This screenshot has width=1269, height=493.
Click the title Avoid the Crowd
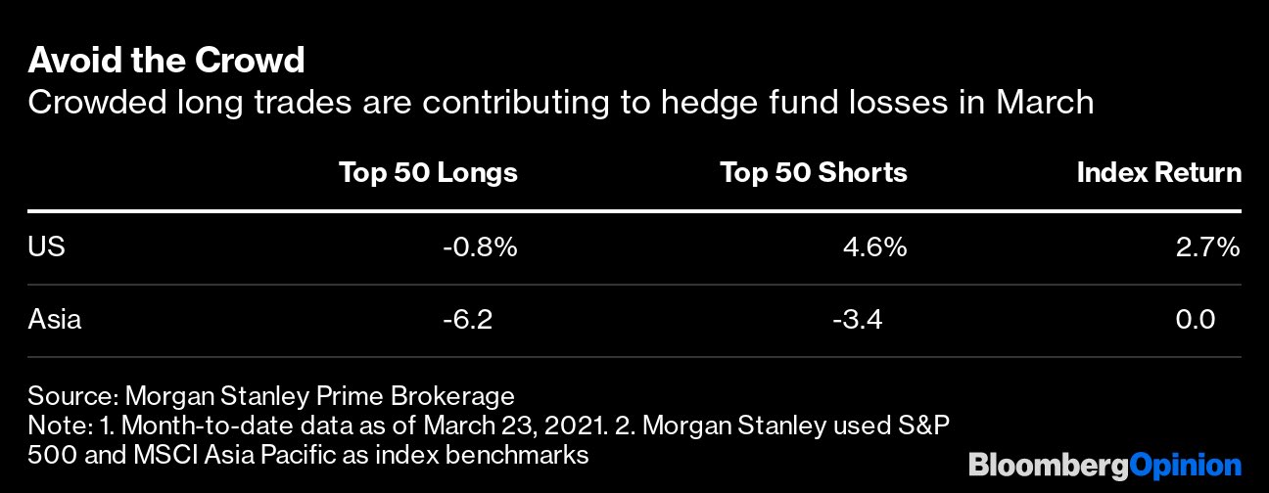point(166,62)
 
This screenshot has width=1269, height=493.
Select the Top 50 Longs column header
point(428,173)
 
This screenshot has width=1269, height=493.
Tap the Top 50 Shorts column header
point(814,173)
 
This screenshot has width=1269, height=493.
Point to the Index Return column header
point(1158,173)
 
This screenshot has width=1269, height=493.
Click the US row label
point(46,247)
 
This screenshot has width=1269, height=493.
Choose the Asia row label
point(55,319)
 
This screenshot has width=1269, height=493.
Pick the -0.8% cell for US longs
point(479,247)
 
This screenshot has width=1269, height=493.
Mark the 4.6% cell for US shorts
point(874,247)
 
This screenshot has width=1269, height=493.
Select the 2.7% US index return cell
point(1207,247)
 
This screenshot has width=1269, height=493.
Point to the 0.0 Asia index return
point(1195,319)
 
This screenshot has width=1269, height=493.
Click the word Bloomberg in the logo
point(1048,465)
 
